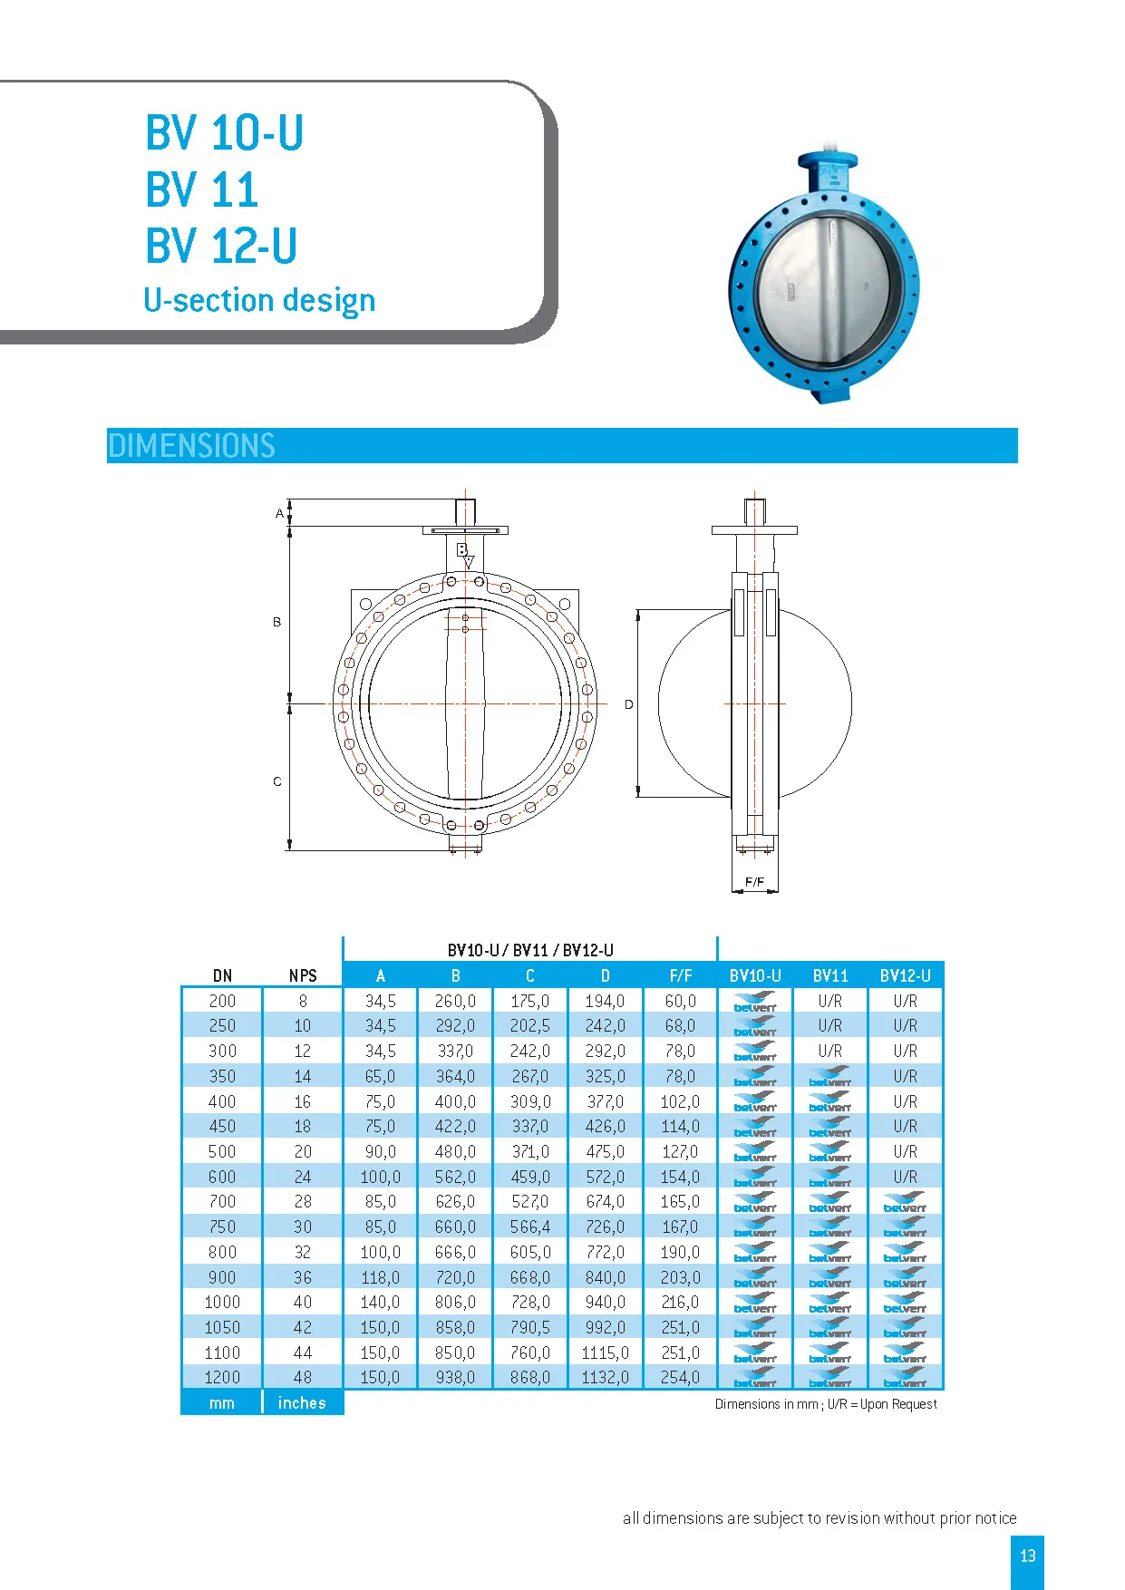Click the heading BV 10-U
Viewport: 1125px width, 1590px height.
[224, 133]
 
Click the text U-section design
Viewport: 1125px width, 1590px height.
[259, 300]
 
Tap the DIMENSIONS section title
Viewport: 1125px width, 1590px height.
[191, 446]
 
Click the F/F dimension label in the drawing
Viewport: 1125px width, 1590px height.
[754, 881]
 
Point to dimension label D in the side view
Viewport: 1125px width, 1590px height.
[628, 704]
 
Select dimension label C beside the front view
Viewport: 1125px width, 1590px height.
[277, 781]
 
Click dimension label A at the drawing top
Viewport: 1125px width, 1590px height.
[279, 513]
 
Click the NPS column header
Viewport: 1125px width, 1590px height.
[303, 975]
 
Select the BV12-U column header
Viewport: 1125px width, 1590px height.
[905, 975]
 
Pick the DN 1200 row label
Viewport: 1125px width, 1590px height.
[222, 1377]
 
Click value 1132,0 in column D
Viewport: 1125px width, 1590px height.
[605, 1377]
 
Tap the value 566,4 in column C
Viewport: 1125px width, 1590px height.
[530, 1226]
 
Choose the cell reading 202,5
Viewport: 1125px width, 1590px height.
[530, 1025]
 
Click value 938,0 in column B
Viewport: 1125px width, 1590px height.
[455, 1377]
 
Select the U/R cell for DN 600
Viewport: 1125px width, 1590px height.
[905, 1177]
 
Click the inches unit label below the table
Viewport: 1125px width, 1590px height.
[302, 1402]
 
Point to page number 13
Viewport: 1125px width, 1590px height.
[1027, 1556]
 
